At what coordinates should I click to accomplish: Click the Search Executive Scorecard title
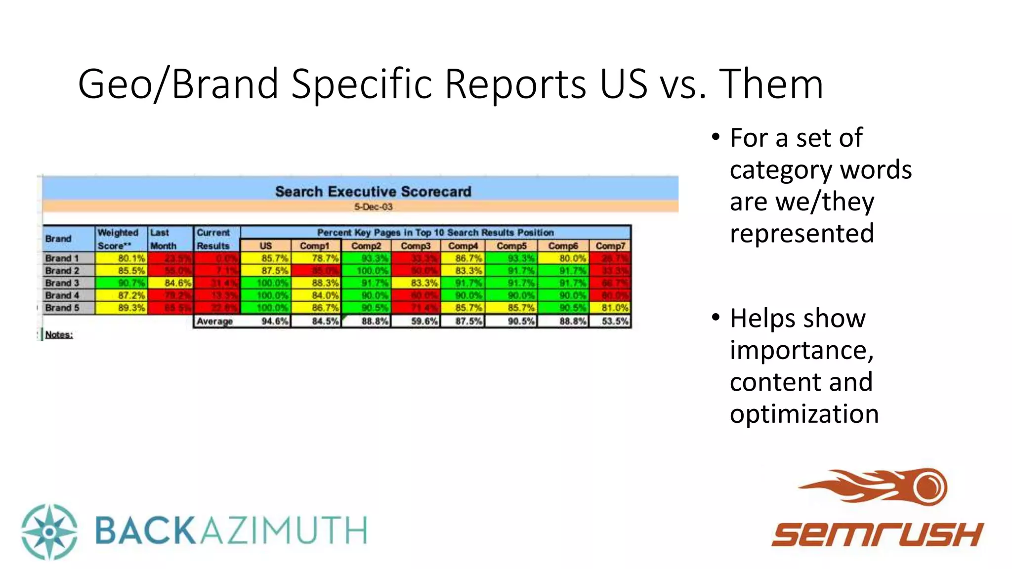click(373, 192)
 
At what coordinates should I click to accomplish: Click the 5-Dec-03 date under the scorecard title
click(373, 206)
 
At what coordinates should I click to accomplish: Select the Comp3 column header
click(416, 245)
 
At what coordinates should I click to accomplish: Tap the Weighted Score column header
click(118, 239)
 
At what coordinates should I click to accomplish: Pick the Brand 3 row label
click(62, 283)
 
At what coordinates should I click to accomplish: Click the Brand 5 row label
click(62, 308)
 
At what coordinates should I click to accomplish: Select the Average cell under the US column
click(274, 321)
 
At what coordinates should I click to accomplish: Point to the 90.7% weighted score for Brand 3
click(131, 283)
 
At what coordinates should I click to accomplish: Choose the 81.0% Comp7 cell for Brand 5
click(615, 308)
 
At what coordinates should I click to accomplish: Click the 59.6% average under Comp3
click(424, 321)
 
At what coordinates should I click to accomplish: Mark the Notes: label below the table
click(59, 335)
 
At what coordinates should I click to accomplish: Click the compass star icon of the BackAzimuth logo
click(49, 531)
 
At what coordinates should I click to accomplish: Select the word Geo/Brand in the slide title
click(178, 84)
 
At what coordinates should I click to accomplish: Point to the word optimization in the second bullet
click(804, 414)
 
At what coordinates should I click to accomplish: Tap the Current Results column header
click(213, 239)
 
